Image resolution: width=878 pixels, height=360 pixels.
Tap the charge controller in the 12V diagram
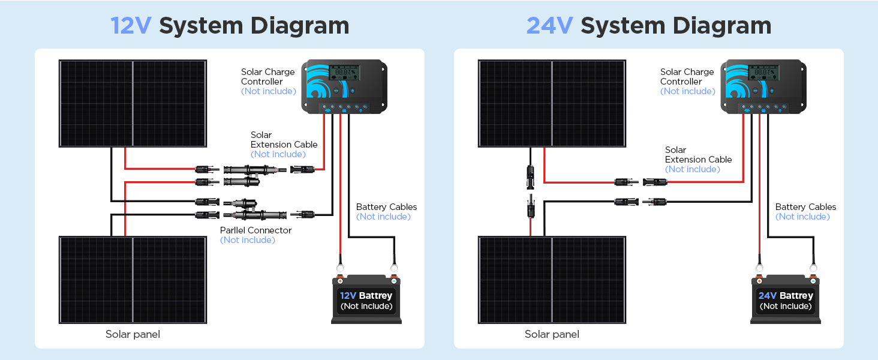(x=344, y=86)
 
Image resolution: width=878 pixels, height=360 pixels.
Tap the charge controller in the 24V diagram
(x=763, y=86)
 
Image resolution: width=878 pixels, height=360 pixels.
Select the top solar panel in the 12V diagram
(x=133, y=103)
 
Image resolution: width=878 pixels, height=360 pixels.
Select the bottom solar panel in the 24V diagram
(x=552, y=280)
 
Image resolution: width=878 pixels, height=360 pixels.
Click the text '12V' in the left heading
(x=131, y=26)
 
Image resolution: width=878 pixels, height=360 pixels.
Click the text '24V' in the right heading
(x=549, y=26)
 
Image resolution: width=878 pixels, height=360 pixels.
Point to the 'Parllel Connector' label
(x=255, y=230)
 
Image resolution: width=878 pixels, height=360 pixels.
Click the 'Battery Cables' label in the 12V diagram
(x=386, y=207)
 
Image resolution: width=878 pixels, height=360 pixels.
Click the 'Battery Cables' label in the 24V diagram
(x=805, y=207)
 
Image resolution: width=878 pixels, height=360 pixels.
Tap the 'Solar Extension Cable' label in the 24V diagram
(x=698, y=155)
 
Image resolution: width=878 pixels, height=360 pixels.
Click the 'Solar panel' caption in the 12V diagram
(x=133, y=334)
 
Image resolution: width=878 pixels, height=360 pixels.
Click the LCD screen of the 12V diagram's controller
(x=344, y=73)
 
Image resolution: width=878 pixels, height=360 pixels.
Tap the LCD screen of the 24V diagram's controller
(x=763, y=73)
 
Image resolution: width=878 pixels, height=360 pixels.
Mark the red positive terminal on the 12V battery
(x=340, y=280)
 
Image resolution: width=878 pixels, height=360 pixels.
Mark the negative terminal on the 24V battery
(x=813, y=280)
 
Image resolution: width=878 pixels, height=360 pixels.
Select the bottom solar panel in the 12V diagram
(x=133, y=280)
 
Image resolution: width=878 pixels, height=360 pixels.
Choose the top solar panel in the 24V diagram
(x=552, y=103)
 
